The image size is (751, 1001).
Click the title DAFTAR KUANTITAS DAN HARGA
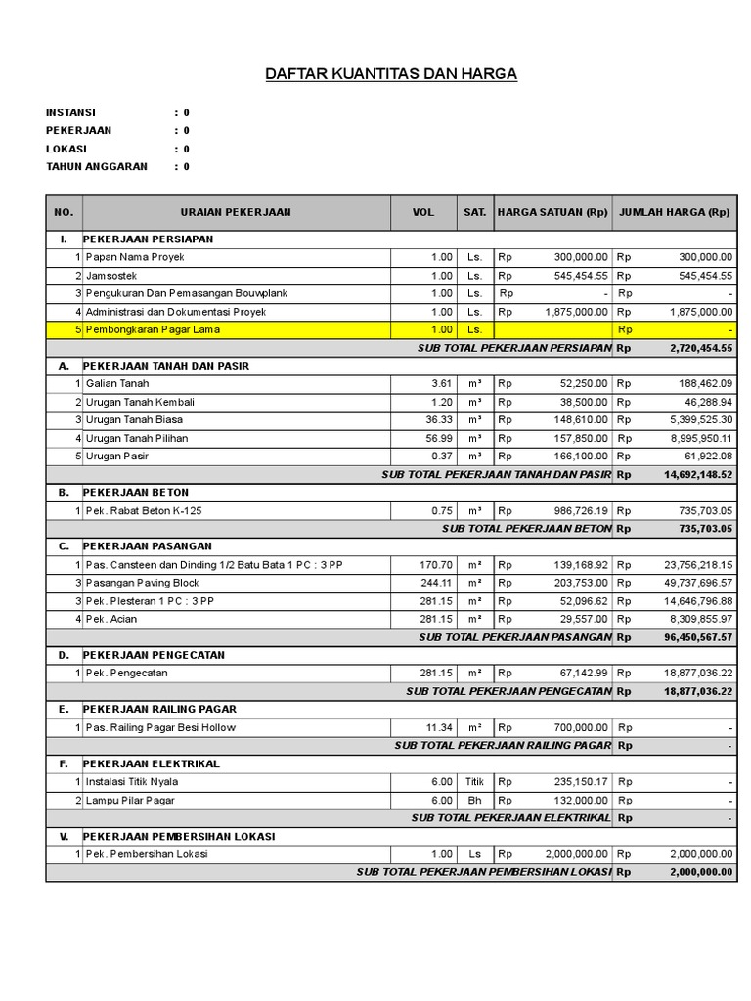tap(391, 74)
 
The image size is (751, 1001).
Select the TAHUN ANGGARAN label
tap(97, 166)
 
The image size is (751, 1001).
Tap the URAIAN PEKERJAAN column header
tap(236, 212)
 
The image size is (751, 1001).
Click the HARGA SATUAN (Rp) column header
tap(552, 212)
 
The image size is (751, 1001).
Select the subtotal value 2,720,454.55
tap(700, 348)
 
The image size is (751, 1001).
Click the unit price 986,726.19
tap(566, 510)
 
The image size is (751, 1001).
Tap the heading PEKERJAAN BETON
tap(136, 493)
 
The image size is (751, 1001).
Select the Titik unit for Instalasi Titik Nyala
tap(474, 782)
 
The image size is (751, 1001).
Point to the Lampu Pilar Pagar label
tap(130, 801)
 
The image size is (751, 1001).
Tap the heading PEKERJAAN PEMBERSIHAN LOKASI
tap(179, 837)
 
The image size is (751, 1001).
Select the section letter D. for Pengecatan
tap(64, 655)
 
